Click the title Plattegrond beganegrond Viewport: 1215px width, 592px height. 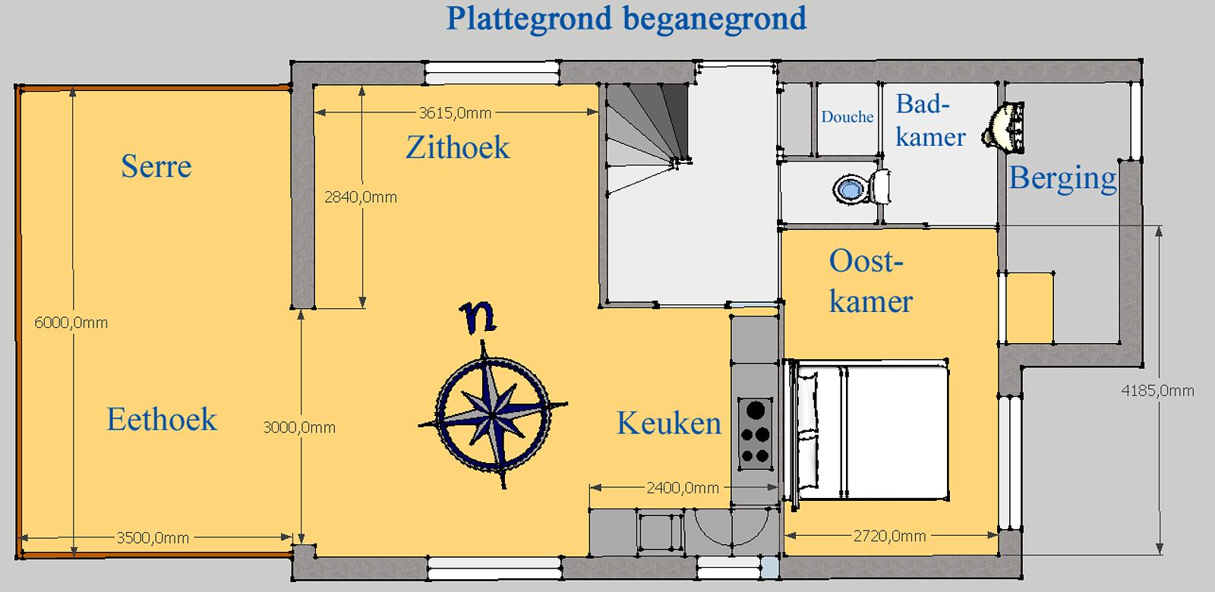(x=626, y=20)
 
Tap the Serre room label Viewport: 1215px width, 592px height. (x=156, y=166)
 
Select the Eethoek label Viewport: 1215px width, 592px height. (x=162, y=419)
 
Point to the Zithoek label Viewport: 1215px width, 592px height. (x=458, y=147)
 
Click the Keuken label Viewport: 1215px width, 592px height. (x=669, y=423)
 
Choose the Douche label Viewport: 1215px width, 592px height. (x=847, y=117)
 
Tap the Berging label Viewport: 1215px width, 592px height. (x=1062, y=178)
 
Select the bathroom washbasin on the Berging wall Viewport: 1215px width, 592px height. (x=1003, y=128)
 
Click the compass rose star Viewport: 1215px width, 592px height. (x=493, y=414)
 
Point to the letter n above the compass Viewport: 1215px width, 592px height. (x=478, y=317)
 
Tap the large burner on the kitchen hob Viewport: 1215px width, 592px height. (x=756, y=410)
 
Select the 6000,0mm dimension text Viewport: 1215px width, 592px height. (x=71, y=323)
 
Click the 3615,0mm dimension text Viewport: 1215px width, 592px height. (x=455, y=113)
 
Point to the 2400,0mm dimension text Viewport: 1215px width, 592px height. (x=683, y=488)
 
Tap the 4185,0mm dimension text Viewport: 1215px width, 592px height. (x=1158, y=391)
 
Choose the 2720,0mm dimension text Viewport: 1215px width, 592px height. (x=889, y=536)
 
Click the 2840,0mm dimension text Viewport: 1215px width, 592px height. (x=361, y=197)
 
